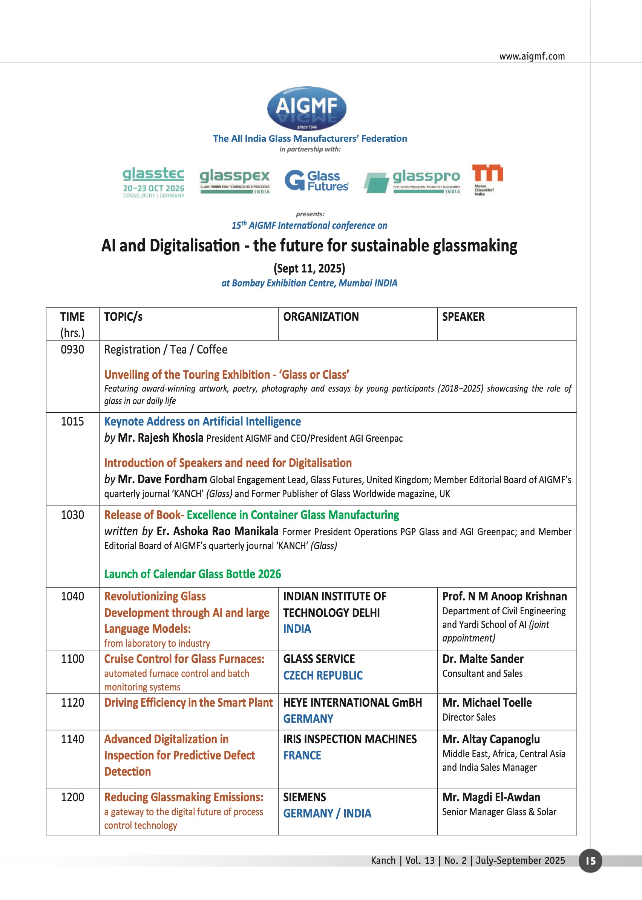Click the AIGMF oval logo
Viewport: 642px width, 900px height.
[306, 108]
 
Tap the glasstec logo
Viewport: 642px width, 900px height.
[153, 181]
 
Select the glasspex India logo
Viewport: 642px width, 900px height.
[235, 181]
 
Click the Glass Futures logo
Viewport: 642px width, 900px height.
[316, 181]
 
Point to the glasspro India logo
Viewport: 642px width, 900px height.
[412, 181]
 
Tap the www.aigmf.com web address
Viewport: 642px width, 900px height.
[532, 56]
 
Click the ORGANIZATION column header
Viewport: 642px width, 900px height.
[321, 317]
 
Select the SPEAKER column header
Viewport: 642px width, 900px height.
[463, 317]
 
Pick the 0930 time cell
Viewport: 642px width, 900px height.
[72, 349]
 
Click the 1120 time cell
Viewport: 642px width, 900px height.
[72, 703]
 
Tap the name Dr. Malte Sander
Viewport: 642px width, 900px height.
[483, 659]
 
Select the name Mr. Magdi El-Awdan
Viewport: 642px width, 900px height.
[491, 797]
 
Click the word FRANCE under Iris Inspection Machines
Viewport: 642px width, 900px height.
[302, 755]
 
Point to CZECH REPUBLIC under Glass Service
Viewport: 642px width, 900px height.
[323, 675]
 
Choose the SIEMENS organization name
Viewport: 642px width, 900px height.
[304, 797]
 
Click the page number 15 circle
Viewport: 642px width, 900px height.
[590, 860]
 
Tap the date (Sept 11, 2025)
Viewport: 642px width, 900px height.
[309, 268]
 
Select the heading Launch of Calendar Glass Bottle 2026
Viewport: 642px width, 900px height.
[193, 574]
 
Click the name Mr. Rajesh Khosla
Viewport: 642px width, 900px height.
[161, 438]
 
